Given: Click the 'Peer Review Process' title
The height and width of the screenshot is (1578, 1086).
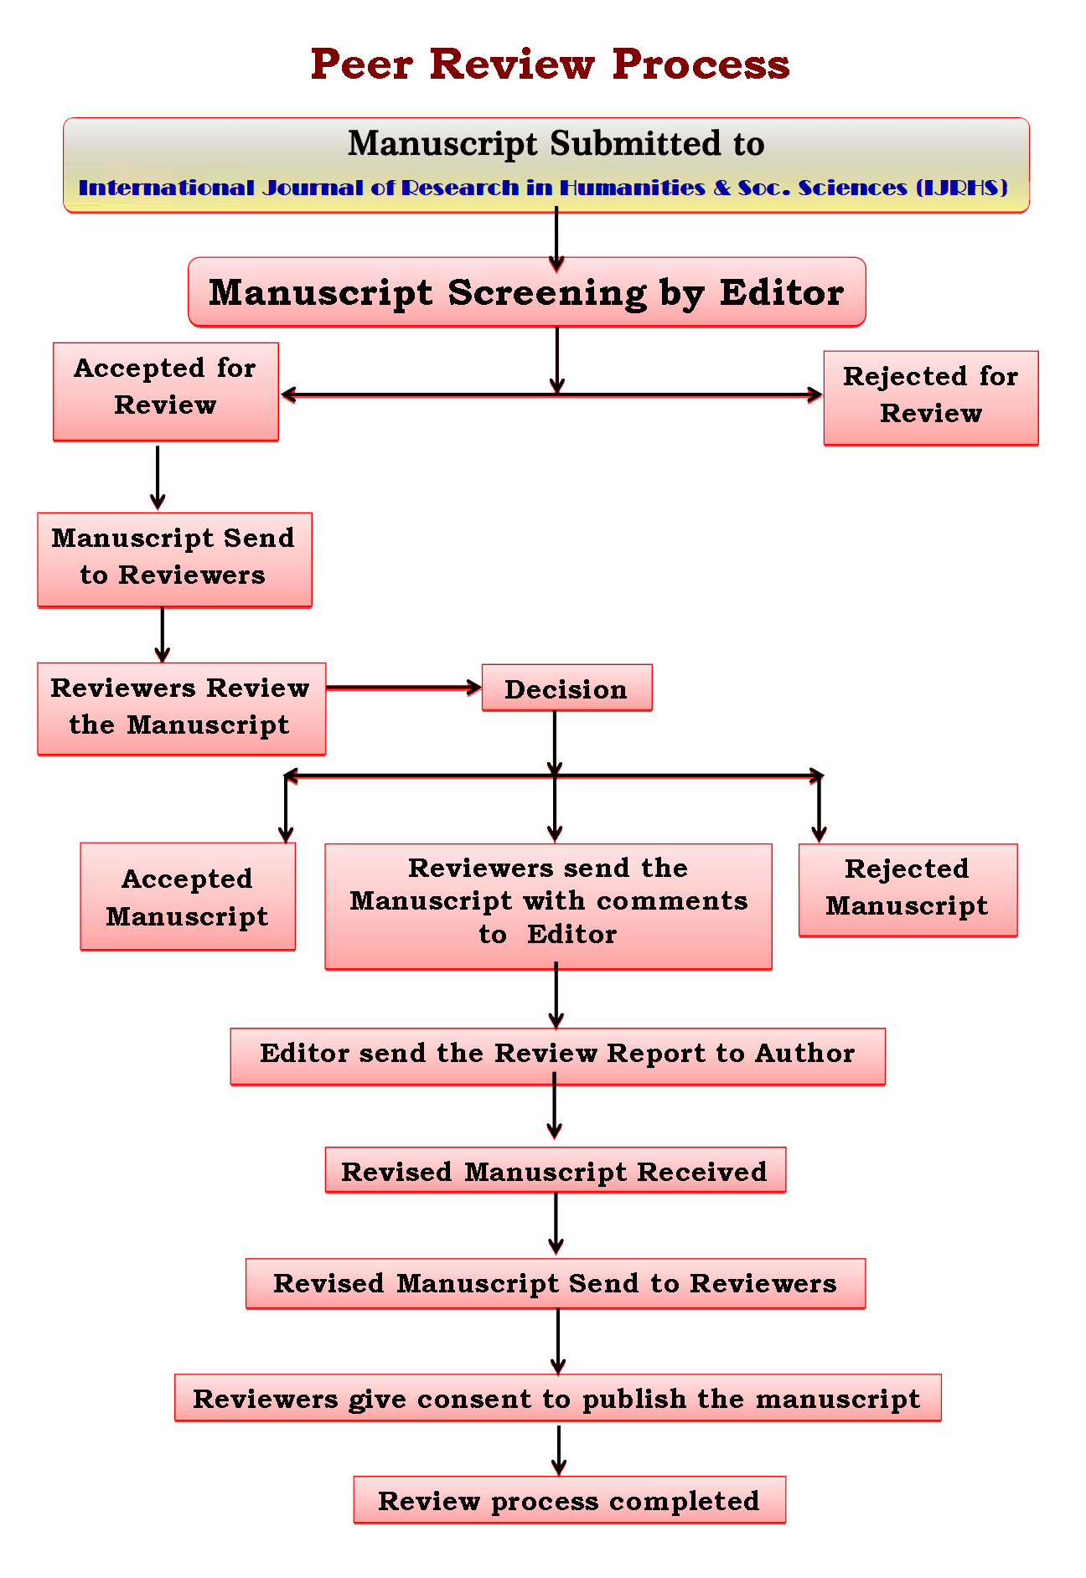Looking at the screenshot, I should pos(550,64).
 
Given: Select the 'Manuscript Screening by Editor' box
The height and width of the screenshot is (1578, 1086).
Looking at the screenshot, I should pos(526,292).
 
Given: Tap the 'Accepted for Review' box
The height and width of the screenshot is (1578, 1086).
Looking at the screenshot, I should pos(165,390).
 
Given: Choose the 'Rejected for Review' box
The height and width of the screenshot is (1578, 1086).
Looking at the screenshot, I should pos(930,397).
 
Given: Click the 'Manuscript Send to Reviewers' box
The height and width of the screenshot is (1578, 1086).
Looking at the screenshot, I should pos(174,559).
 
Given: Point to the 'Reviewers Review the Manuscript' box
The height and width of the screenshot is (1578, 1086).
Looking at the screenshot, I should pos(181,708).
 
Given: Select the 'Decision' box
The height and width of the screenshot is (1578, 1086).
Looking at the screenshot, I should pos(566,688).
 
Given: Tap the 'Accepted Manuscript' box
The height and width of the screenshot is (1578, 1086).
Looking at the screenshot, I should pos(188,896).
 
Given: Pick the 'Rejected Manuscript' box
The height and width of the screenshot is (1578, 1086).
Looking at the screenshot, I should pos(908,890).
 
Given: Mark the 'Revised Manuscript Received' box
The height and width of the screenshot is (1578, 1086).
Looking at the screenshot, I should pos(555,1170).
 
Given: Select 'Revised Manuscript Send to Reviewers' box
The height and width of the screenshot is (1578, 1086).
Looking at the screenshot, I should pos(555,1283).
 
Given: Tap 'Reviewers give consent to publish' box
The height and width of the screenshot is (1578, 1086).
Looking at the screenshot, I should pos(557,1398).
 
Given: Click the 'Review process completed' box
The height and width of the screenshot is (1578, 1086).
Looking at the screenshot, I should pos(569,1500).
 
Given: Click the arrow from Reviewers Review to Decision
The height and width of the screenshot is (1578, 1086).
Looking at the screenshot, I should pos(403,688).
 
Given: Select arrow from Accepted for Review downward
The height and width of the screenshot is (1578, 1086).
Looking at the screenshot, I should pos(158,477).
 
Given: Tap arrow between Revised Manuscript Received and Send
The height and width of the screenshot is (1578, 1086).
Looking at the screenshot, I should pos(556,1224).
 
